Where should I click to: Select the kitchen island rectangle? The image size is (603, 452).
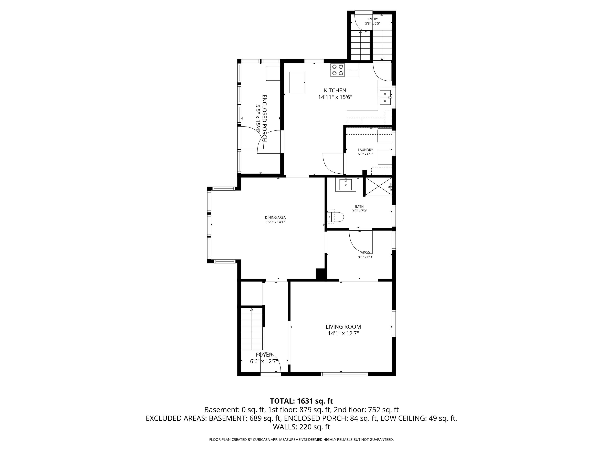coord(297,83)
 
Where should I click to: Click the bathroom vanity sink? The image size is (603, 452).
coord(346,185)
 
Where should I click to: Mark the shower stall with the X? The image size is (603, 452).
coord(378,186)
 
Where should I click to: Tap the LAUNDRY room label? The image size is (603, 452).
coord(365,150)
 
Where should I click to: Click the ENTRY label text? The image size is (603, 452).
coord(373,19)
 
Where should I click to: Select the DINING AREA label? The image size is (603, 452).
coord(275,217)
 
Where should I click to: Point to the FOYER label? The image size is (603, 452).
coord(264,355)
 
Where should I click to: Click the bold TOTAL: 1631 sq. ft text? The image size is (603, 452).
coord(301,401)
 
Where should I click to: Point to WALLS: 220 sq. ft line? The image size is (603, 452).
coord(301,427)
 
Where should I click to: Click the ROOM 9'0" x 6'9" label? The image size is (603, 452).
coord(365,254)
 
